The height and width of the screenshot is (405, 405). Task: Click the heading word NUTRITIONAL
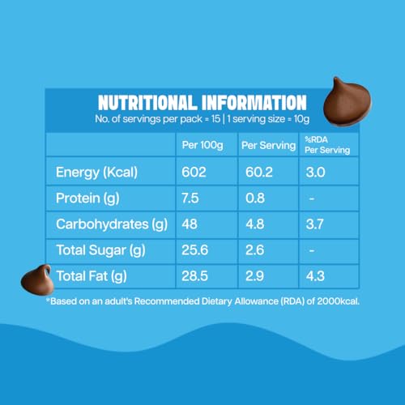pyautogui.click(x=147, y=103)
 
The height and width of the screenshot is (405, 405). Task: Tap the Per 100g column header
pyautogui.click(x=202, y=145)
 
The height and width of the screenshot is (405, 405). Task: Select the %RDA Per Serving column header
pyautogui.click(x=327, y=145)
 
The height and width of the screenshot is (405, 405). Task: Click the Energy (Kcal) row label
pyautogui.click(x=96, y=173)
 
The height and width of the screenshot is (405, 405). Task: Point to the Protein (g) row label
pyautogui.click(x=87, y=198)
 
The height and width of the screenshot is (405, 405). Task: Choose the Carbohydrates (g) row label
pyautogui.click(x=112, y=224)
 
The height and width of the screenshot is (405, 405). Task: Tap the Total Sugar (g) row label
pyautogui.click(x=100, y=250)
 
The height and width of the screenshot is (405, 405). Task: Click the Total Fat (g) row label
pyautogui.click(x=92, y=276)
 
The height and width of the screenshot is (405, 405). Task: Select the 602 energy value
pyautogui.click(x=194, y=173)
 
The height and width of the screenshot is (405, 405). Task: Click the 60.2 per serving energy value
pyautogui.click(x=259, y=173)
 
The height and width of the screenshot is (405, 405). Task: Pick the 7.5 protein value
pyautogui.click(x=190, y=198)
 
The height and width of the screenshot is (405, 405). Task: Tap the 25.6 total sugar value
pyautogui.click(x=194, y=250)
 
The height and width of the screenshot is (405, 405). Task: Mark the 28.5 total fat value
pyautogui.click(x=194, y=276)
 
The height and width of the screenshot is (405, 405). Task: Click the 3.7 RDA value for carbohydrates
pyautogui.click(x=314, y=224)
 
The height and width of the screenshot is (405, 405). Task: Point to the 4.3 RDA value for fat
pyautogui.click(x=315, y=276)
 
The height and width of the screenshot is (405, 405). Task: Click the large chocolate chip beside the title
pyautogui.click(x=347, y=103)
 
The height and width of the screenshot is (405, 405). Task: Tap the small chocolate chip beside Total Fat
pyautogui.click(x=37, y=280)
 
